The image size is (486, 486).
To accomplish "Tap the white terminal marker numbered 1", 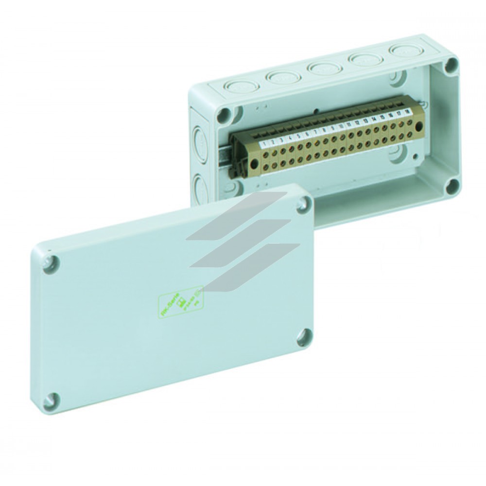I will [263, 144].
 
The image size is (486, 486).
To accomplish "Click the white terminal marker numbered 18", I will [406, 112].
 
